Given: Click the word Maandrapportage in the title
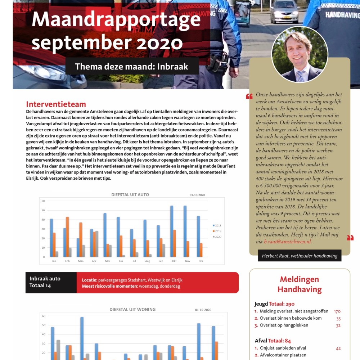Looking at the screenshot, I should coord(116,20).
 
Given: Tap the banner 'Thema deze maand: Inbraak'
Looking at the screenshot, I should coord(132,67).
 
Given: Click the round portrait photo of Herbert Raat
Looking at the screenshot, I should coord(300,54).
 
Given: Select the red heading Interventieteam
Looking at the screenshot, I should coord(56,104).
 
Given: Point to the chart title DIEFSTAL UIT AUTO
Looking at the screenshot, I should coord(130,195).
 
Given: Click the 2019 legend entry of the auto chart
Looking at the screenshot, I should coord(217,231).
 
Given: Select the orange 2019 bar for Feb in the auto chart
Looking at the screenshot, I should coord(67,237).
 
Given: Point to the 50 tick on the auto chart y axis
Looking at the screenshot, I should coord(43,210).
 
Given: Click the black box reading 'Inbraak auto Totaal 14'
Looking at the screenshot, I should coord(51,282).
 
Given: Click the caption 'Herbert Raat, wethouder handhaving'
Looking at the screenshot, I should coord(300,256).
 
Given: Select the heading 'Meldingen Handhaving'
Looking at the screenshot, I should coord(300,284).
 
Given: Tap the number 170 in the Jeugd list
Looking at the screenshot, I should coord(337,311).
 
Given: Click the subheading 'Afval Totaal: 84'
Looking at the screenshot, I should coord(273,341).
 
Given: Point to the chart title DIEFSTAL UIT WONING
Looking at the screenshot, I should coord(132,309).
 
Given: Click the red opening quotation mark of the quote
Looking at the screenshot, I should coord(249,96).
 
